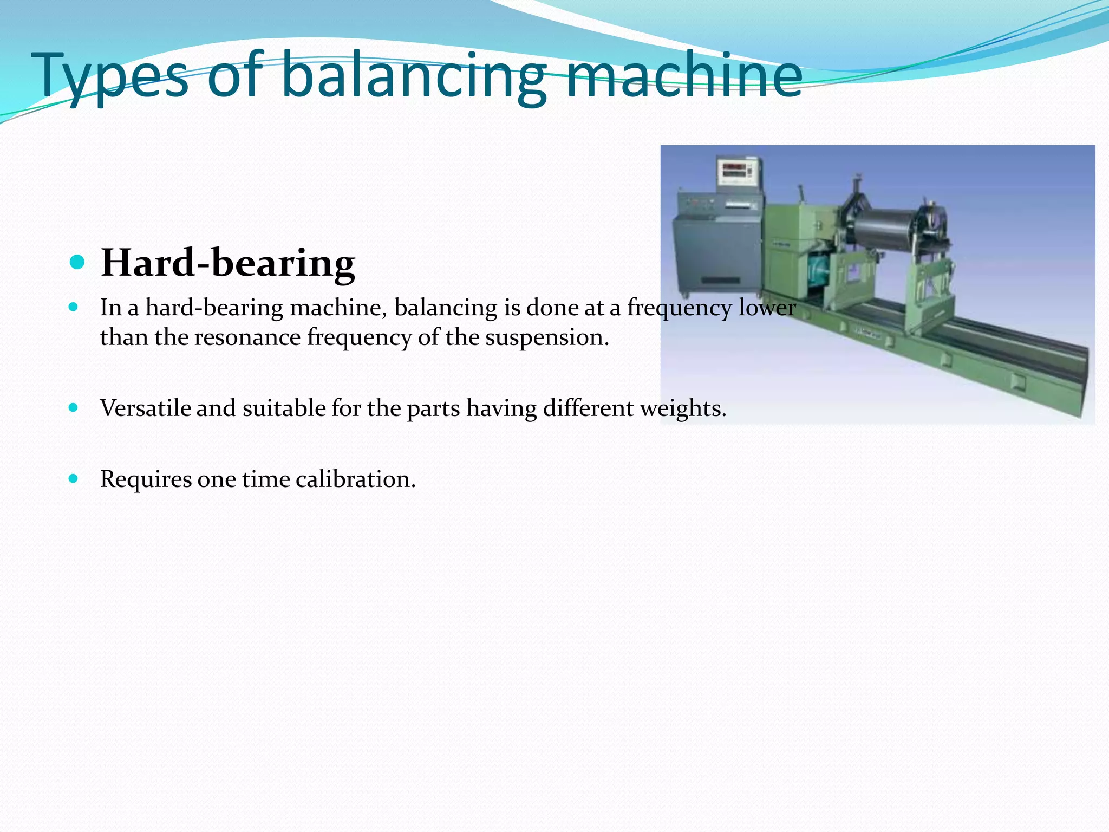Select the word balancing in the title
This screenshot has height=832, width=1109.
point(415,76)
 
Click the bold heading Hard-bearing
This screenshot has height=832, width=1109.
point(228,263)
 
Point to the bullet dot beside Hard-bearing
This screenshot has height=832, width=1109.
point(77,263)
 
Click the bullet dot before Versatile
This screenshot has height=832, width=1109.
point(74,407)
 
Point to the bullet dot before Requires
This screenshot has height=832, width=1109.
point(74,478)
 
